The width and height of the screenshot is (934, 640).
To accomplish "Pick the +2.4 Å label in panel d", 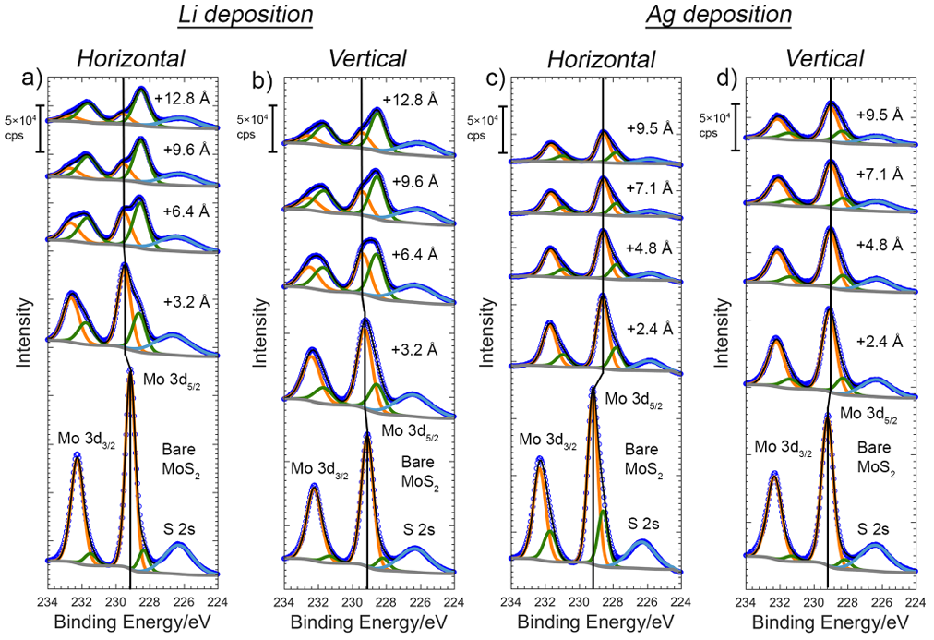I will pyautogui.click(x=881, y=342).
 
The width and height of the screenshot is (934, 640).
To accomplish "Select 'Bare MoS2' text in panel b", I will pyautogui.click(x=420, y=470).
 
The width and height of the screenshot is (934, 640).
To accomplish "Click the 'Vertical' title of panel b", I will pyautogui.click(x=367, y=59).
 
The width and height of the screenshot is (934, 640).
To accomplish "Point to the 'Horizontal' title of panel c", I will pyautogui.click(x=601, y=59).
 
